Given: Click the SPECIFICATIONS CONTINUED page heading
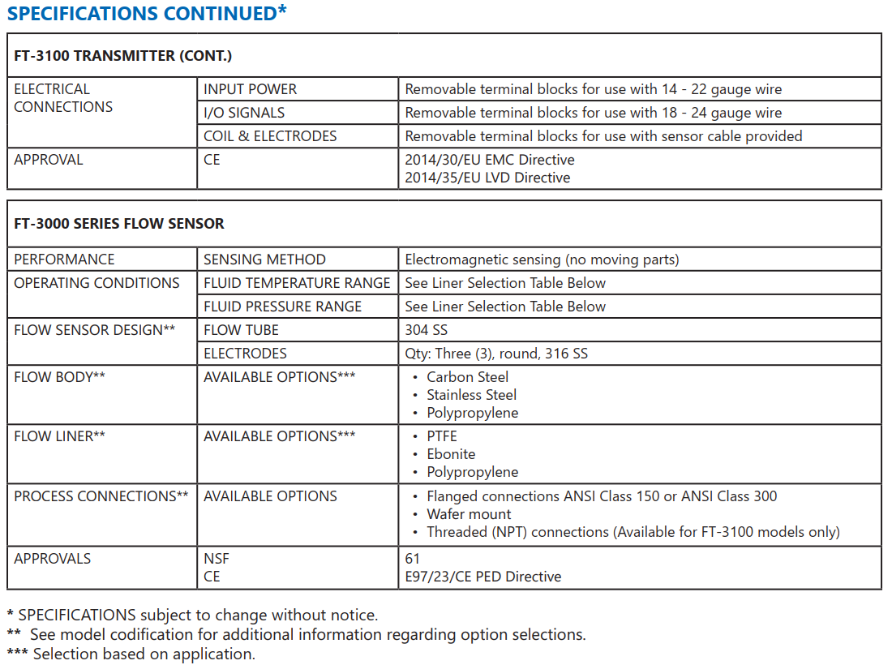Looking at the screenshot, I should (x=146, y=14).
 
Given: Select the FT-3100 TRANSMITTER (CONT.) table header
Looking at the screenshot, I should (x=122, y=56).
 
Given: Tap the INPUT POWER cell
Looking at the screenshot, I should (x=250, y=89).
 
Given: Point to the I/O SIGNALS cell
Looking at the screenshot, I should (x=244, y=113).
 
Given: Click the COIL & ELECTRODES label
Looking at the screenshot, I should (x=270, y=136).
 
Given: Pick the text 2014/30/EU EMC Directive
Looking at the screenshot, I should (x=490, y=160).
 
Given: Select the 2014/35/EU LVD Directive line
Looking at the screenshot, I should (x=487, y=178).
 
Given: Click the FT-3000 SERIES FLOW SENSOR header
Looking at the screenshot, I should (x=119, y=224).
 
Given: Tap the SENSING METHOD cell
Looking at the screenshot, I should (x=264, y=260).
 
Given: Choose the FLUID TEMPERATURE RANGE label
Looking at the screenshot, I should (x=297, y=283).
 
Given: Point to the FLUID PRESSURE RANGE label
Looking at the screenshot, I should (x=282, y=307).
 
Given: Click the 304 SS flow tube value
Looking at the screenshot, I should (x=426, y=330).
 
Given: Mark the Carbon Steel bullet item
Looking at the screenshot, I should (x=468, y=377).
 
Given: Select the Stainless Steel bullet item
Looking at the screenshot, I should (x=471, y=395).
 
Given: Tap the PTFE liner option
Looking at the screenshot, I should (x=442, y=436).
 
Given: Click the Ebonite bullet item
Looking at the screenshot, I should (x=451, y=454).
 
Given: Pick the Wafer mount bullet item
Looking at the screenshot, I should (x=469, y=514).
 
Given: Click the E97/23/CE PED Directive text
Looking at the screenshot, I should (x=482, y=577).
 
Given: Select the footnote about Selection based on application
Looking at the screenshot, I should (x=131, y=654).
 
